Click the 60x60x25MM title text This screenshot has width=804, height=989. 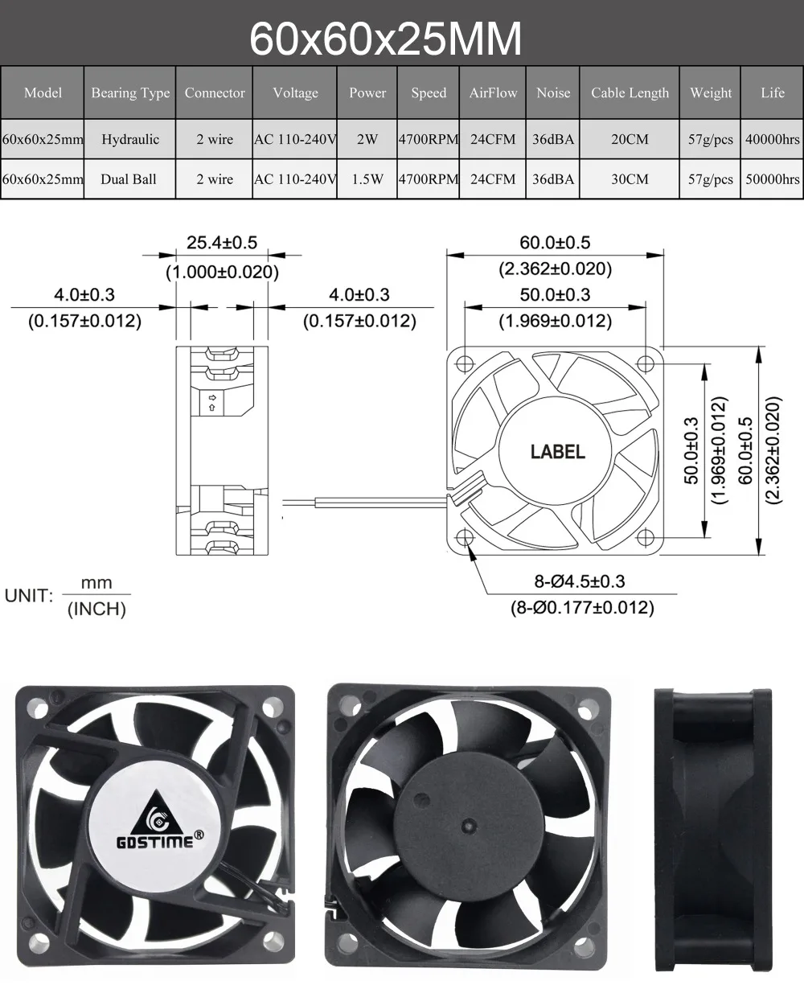385,39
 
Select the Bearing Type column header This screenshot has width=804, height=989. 130,92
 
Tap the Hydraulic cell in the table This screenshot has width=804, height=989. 130,139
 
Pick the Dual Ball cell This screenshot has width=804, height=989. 129,179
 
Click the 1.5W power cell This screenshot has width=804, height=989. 367,179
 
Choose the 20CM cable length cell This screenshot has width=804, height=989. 630,139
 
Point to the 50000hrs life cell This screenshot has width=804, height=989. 772,179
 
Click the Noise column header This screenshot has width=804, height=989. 553,92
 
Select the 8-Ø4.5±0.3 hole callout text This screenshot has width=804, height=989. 580,581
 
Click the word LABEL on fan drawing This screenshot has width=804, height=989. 557,452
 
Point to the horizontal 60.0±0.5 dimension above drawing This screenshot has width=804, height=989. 555,242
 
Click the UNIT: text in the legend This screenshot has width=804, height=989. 29,596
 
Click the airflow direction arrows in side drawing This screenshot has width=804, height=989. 211,402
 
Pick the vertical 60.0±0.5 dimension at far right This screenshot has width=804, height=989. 745,450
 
